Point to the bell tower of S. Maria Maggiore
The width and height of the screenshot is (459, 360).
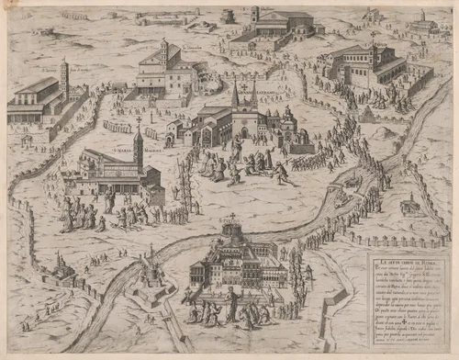pyautogui.click(x=139, y=147)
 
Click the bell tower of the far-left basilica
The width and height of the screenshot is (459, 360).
pyautogui.click(x=64, y=77)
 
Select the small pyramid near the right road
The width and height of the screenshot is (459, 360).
pyautogui.click(x=366, y=114)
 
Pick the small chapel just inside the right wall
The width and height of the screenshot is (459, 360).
pyautogui.click(x=410, y=204)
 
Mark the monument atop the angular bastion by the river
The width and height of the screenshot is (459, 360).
pyautogui.click(x=151, y=253)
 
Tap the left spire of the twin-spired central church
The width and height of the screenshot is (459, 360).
pyautogui.click(x=235, y=96)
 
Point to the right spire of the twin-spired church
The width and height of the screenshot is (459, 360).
pyautogui.click(x=253, y=96)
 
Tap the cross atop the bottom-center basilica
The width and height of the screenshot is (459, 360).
pyautogui.click(x=231, y=219)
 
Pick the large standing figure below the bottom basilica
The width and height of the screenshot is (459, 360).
pyautogui.click(x=233, y=302)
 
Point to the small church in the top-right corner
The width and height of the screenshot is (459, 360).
pyautogui.click(x=423, y=24)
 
